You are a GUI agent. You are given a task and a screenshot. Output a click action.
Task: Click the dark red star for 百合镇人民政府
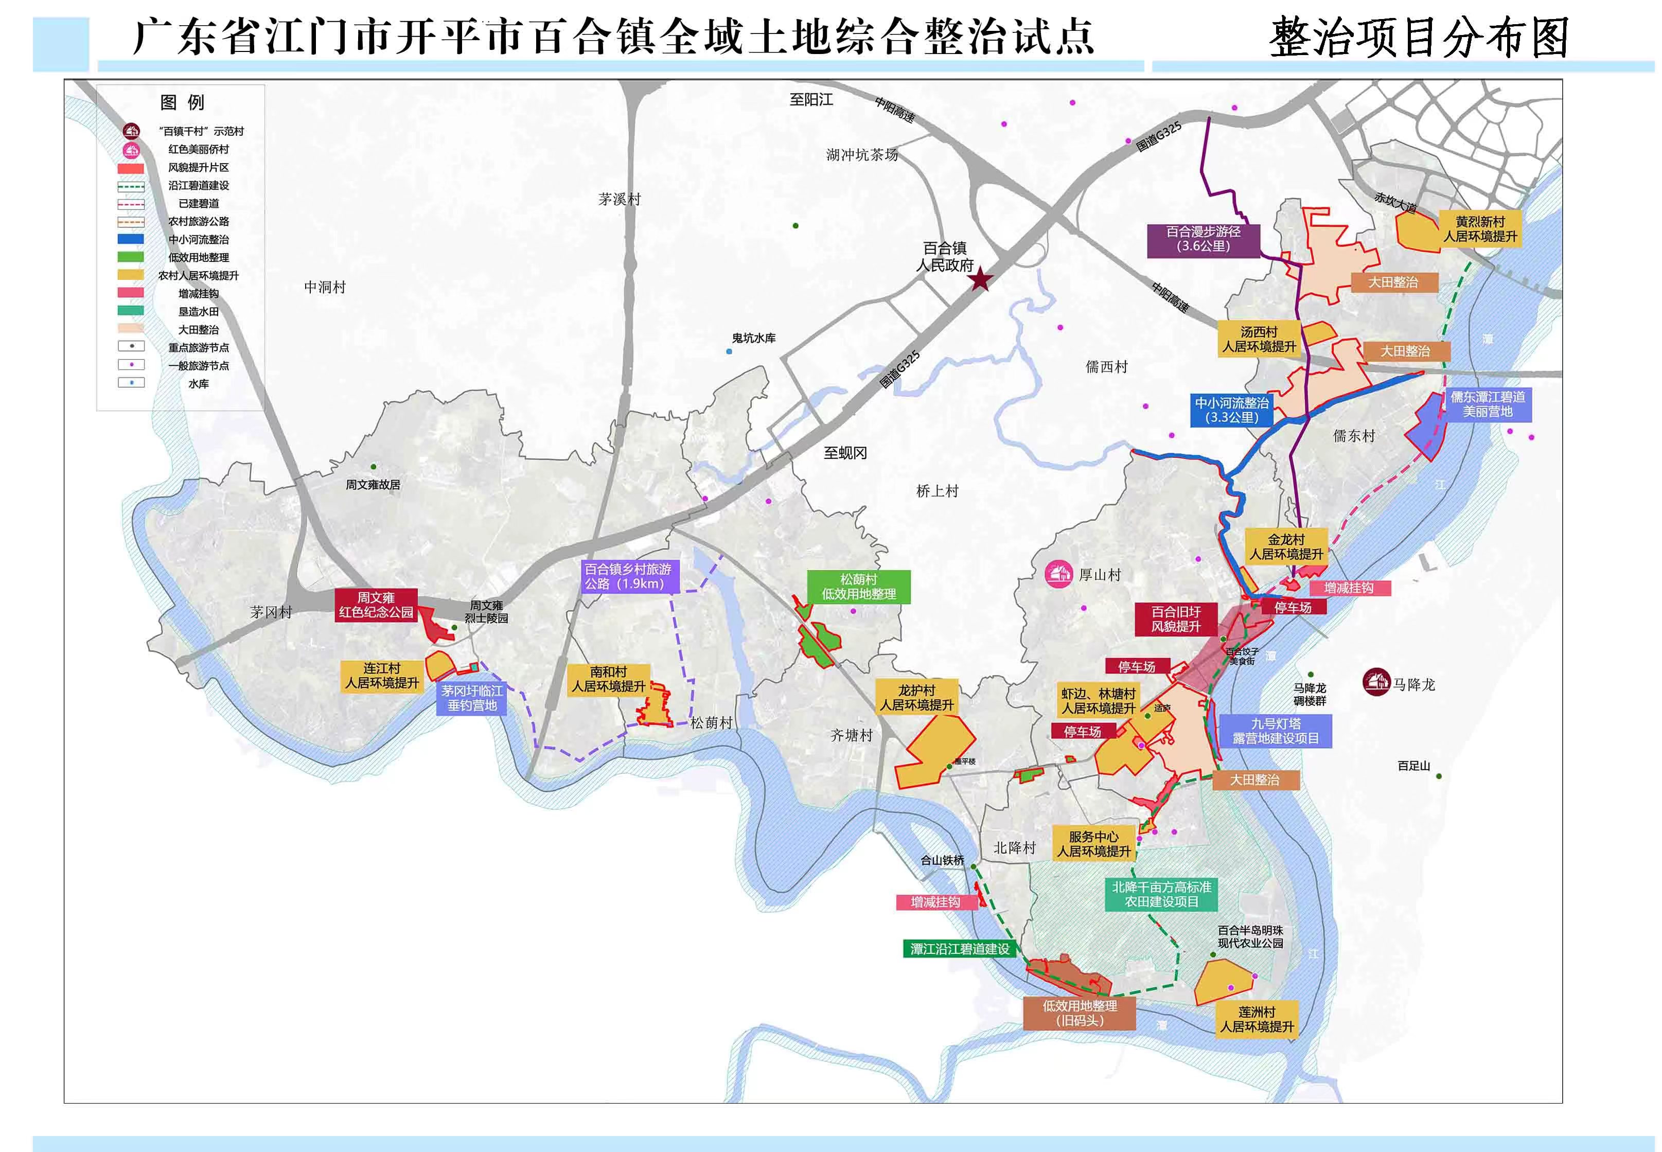point(980,279)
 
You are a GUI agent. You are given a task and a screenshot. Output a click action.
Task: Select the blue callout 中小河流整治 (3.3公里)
point(1231,411)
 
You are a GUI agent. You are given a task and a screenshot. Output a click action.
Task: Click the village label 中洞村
point(325,287)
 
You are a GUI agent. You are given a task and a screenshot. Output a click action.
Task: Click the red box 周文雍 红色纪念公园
point(376,605)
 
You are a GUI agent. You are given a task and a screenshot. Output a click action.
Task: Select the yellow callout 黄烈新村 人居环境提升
point(1480,229)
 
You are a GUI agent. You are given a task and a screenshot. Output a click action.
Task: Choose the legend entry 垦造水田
point(199,312)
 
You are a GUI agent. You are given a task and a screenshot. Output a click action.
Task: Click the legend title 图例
point(182,102)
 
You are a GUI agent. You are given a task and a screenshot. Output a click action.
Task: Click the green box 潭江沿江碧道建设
point(959,948)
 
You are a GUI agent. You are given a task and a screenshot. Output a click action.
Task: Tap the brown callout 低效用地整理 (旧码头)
point(1080,1013)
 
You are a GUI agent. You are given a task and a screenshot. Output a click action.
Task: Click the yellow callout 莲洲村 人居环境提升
point(1257,1019)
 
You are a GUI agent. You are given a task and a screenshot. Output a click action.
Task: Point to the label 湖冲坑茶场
point(862,154)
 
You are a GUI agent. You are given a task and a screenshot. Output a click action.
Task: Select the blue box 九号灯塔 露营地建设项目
point(1275,731)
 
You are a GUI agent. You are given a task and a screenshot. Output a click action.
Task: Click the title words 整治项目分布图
point(1419,38)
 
